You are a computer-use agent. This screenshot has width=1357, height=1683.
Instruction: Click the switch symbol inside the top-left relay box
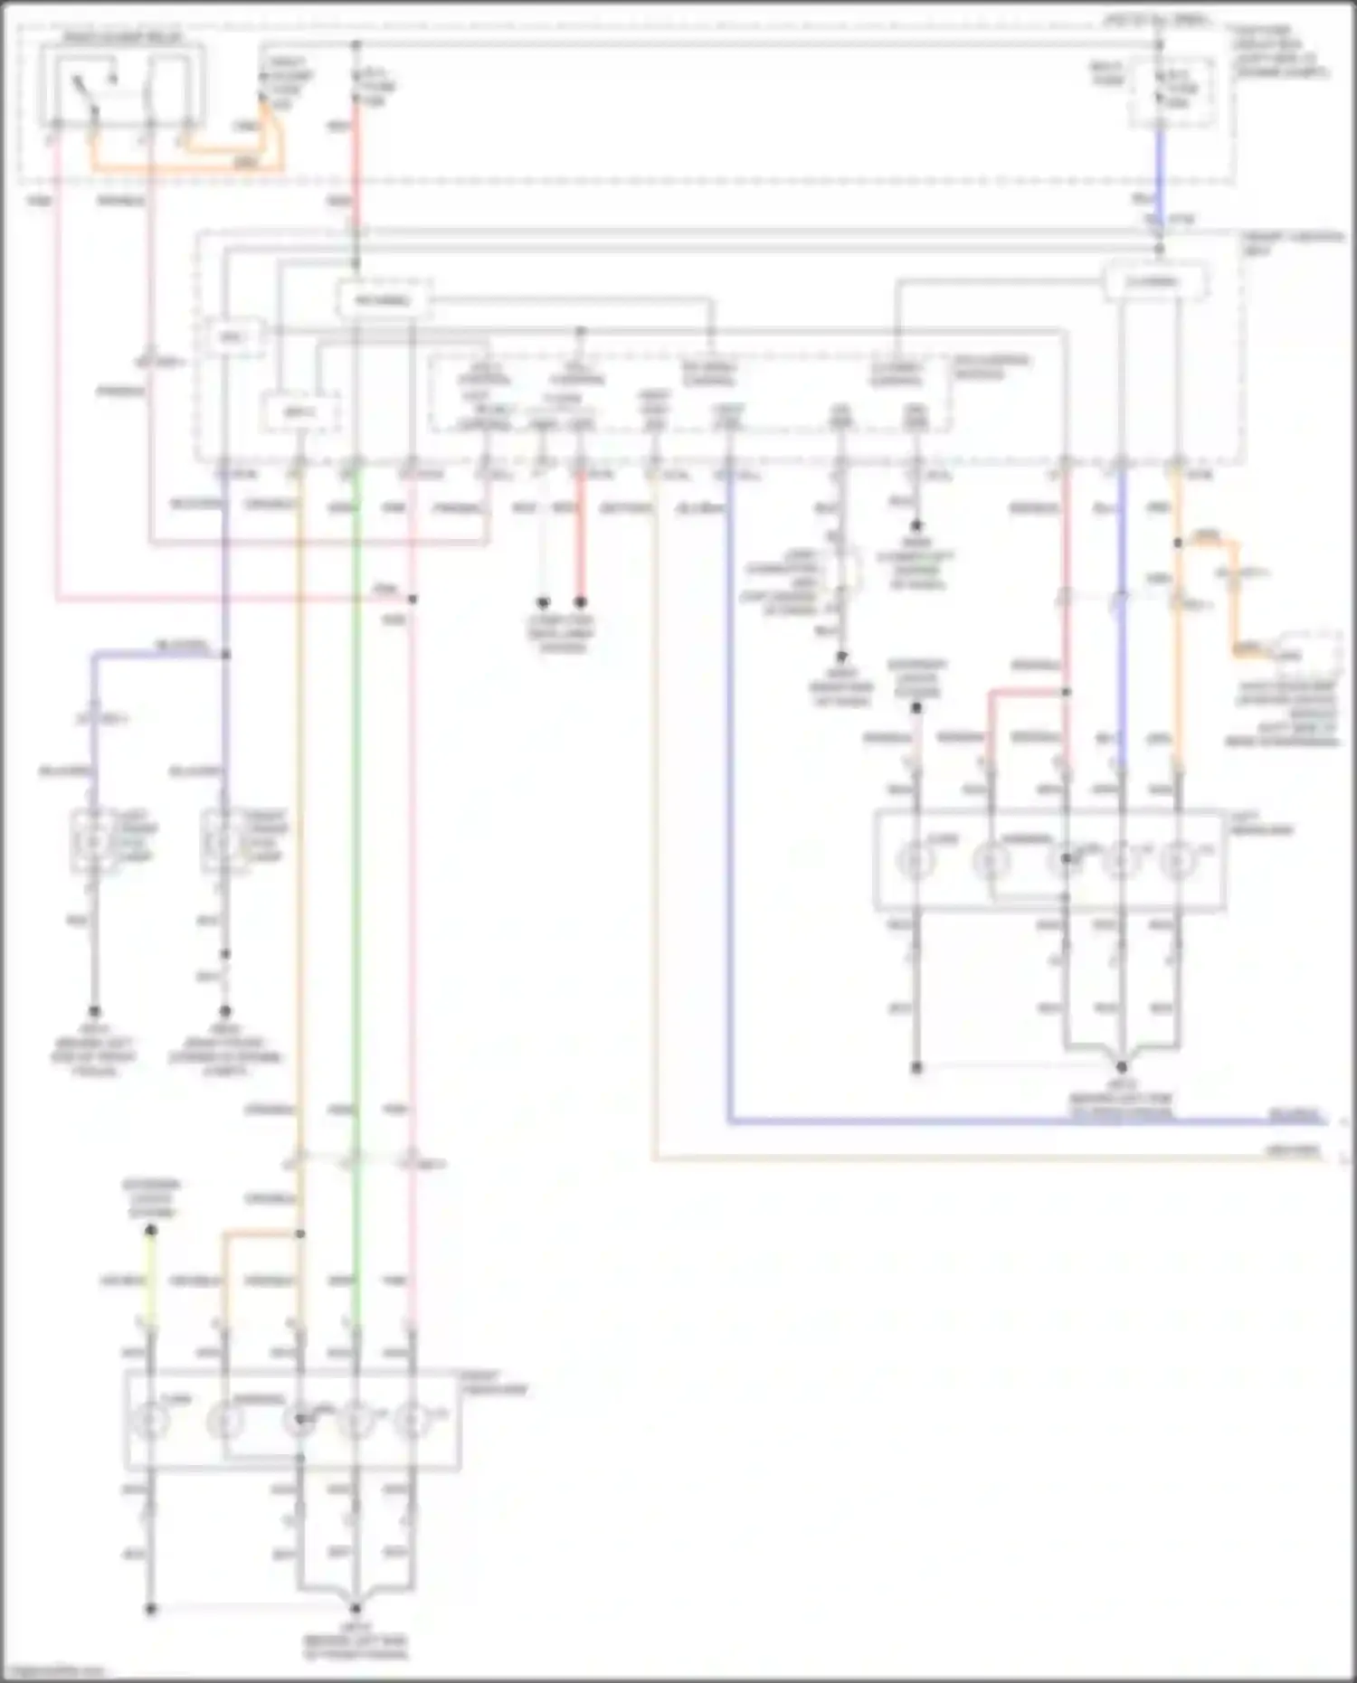pyautogui.click(x=87, y=90)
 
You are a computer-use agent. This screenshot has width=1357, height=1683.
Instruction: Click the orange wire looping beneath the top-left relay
pyautogui.click(x=181, y=166)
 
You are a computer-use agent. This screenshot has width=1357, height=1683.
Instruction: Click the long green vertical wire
pyautogui.click(x=356, y=814)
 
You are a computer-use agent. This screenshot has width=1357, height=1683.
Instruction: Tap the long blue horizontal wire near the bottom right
pyautogui.click(x=995, y=1121)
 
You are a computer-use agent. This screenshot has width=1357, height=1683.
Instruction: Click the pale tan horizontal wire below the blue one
pyautogui.click(x=995, y=1158)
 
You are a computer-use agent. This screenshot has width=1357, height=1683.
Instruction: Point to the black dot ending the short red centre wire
pyautogui.click(x=581, y=602)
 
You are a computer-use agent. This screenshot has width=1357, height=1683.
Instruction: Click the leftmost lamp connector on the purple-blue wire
pyautogui.click(x=93, y=841)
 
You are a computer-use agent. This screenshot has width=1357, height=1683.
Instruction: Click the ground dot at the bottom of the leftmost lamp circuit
pyautogui.click(x=93, y=1011)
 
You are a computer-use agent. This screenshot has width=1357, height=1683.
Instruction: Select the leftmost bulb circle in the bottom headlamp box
pyautogui.click(x=151, y=1420)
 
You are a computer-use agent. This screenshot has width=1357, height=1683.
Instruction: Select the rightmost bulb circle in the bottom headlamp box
pyautogui.click(x=413, y=1420)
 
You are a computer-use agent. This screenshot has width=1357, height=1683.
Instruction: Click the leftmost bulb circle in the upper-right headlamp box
pyautogui.click(x=916, y=859)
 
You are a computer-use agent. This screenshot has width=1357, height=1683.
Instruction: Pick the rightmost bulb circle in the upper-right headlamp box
pyautogui.click(x=1177, y=859)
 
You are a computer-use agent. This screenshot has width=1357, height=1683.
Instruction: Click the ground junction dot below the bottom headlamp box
pyautogui.click(x=356, y=1608)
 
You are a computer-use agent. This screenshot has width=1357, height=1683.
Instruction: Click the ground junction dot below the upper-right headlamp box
pyautogui.click(x=1121, y=1067)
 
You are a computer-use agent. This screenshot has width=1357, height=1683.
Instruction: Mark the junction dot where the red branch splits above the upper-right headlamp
pyautogui.click(x=1066, y=692)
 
